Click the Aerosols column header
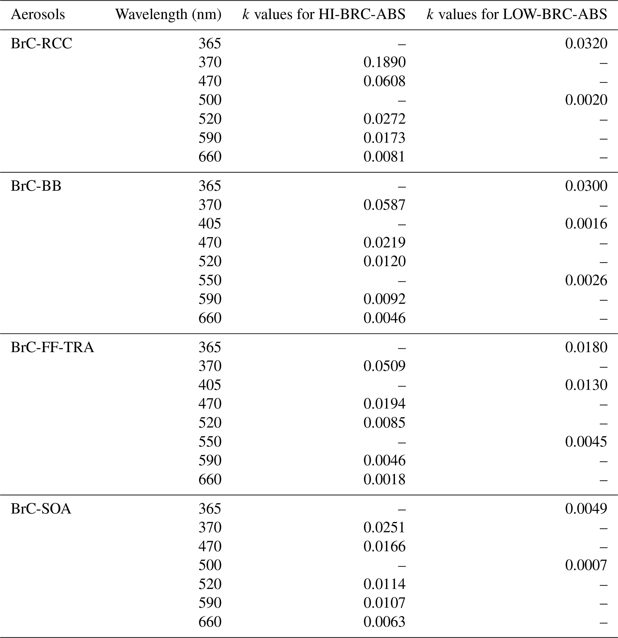(x=38, y=15)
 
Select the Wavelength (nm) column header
(x=168, y=15)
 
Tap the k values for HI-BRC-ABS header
(x=324, y=15)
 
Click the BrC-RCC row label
(x=41, y=44)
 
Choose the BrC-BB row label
(x=36, y=186)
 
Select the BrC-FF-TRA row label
(x=52, y=347)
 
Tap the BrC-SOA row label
(x=41, y=508)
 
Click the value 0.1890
(x=384, y=62)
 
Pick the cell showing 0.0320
(x=586, y=44)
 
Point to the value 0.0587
(x=384, y=205)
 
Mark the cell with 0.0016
(x=586, y=224)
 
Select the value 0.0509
(x=384, y=366)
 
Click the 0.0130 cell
(x=586, y=385)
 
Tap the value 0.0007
(x=586, y=565)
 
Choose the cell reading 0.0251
(x=384, y=527)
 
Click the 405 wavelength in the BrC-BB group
(x=210, y=224)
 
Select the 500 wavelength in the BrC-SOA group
(x=210, y=565)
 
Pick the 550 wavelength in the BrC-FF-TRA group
(x=210, y=441)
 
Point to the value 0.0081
(x=384, y=156)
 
